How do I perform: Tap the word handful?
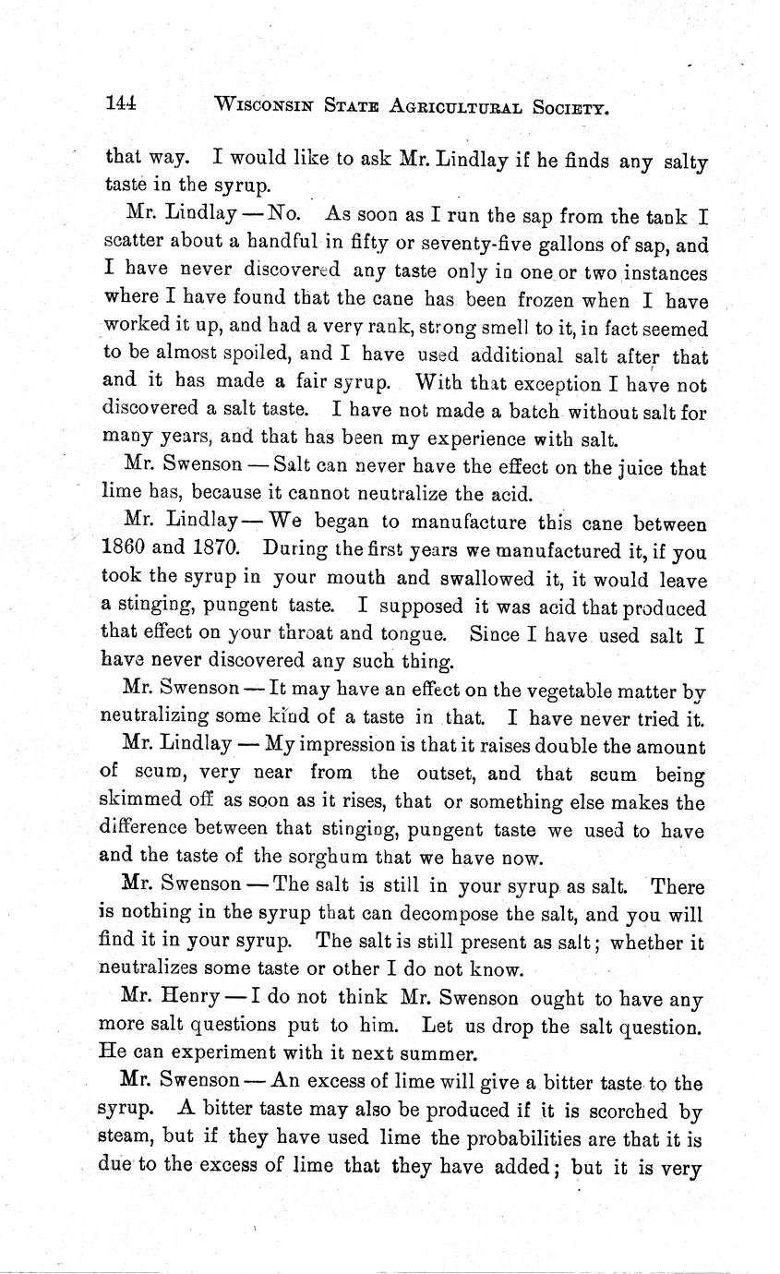(x=272, y=247)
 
